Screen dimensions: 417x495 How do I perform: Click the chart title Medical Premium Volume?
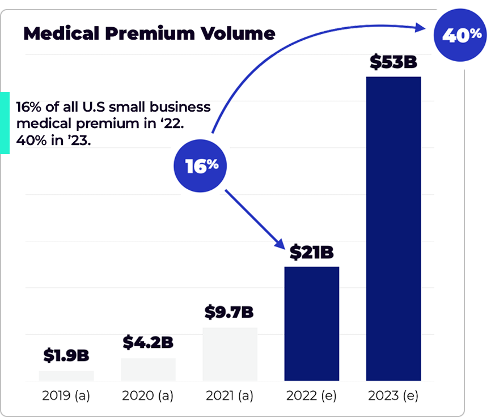coord(149,33)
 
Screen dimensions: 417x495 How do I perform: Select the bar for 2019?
coord(66,376)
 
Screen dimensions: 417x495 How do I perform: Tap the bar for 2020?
coord(148,369)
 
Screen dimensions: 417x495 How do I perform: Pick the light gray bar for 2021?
coord(230,354)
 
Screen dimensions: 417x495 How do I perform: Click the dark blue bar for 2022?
coord(311,324)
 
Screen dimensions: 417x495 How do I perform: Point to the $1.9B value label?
coord(66,355)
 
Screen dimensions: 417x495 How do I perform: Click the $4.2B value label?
coord(148,342)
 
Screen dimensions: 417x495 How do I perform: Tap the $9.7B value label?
coord(230,312)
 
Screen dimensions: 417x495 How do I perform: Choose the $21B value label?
coord(311,252)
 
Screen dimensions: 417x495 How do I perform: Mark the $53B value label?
coord(393,62)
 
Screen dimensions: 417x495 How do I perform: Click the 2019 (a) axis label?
coord(66,395)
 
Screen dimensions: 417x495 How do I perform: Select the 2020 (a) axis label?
coord(148,395)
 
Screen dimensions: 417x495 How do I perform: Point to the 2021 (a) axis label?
coord(230,395)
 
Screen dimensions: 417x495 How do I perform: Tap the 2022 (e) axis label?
coord(311,395)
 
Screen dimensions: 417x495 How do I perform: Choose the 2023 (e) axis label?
coord(393,395)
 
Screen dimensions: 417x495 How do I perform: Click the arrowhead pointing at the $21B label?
coord(278,243)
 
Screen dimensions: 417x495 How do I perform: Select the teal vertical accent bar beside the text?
coord(5,123)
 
